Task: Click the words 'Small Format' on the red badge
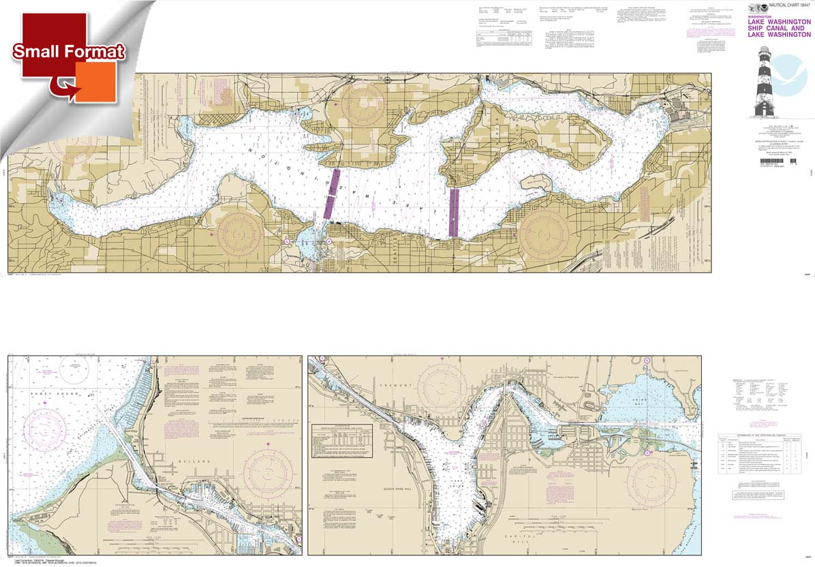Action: pos(68,51)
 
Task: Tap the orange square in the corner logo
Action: pos(95,82)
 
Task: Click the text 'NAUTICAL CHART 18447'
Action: pos(785,6)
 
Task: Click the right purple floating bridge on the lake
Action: pos(454,212)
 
